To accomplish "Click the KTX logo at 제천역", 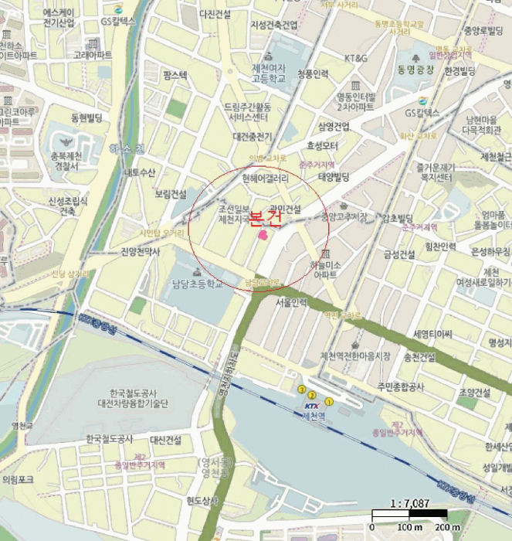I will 311,406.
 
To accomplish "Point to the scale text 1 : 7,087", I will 409,503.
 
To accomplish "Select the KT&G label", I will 356,58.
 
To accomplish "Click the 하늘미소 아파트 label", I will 323,270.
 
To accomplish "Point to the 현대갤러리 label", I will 265,178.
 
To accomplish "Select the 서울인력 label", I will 291,302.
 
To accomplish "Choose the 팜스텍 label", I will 175,75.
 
